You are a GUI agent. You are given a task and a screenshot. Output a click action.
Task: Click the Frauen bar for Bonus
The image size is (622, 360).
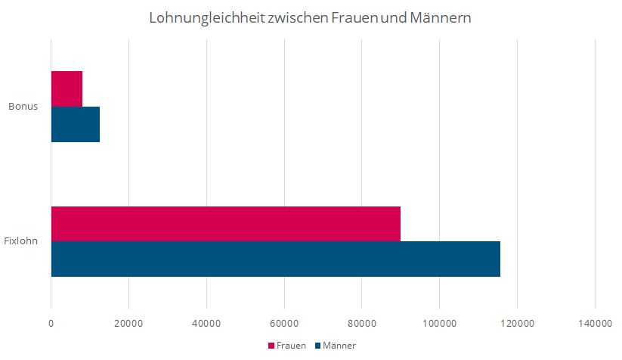(67, 88)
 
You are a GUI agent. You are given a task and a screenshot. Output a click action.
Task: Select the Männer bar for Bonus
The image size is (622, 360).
(75, 124)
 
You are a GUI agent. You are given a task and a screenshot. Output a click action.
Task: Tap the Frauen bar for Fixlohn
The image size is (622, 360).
(225, 224)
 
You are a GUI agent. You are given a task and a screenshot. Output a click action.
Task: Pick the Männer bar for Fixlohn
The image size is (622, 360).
(275, 259)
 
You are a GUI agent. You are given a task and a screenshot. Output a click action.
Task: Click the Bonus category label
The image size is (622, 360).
(23, 106)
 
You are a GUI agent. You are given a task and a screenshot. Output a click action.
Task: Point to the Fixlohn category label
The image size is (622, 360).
(21, 241)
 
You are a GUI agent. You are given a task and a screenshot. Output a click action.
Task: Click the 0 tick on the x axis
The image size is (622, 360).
(51, 323)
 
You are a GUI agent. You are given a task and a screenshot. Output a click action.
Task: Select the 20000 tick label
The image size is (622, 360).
(128, 323)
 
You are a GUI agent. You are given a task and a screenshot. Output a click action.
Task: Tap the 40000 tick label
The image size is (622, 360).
(206, 323)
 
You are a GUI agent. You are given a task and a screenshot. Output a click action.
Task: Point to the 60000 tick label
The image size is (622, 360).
(284, 323)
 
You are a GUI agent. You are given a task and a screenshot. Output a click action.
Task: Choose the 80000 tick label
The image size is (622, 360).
(362, 323)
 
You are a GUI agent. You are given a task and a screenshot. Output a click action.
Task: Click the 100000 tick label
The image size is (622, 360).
(440, 323)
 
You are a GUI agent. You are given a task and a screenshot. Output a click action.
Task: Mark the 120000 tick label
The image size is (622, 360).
(517, 323)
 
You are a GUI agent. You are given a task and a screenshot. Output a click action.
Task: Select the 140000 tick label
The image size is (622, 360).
(595, 323)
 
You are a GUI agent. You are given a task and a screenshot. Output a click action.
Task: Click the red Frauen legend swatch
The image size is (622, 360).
(271, 346)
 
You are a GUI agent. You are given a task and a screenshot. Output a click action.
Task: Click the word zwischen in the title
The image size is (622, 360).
(294, 17)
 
